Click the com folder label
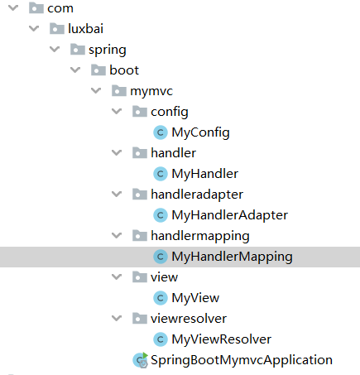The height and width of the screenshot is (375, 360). (x=60, y=8)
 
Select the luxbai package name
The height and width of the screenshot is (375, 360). (x=85, y=29)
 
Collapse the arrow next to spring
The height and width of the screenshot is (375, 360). (x=55, y=50)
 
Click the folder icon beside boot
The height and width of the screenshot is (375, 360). (x=98, y=70)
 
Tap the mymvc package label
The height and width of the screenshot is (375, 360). (x=151, y=91)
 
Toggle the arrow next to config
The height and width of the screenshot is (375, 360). (x=117, y=112)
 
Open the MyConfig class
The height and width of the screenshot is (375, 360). (x=200, y=132)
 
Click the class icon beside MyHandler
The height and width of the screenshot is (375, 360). (x=161, y=174)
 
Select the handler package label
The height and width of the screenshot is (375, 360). (x=174, y=153)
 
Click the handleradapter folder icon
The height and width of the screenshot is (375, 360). (x=140, y=195)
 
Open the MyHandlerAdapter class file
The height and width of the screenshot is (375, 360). (x=229, y=215)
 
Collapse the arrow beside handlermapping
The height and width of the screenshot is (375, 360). (x=117, y=236)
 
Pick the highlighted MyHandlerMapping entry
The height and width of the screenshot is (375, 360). (x=232, y=257)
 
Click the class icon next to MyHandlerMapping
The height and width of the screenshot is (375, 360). (x=161, y=257)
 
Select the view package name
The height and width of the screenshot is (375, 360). (x=164, y=277)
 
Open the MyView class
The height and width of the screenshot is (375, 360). (x=195, y=298)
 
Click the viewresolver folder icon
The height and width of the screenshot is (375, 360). (x=140, y=319)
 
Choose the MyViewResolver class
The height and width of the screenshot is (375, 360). (x=221, y=339)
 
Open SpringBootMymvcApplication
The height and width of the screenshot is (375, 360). (x=242, y=360)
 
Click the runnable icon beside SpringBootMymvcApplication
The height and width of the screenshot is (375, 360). (x=141, y=360)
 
